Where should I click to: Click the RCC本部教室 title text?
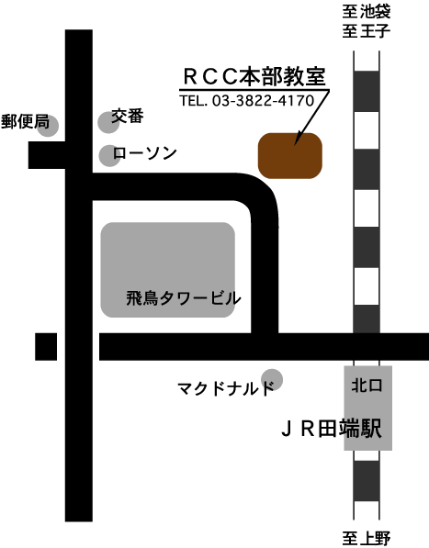pyautogui.click(x=254, y=76)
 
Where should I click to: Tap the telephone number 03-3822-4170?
pyautogui.click(x=263, y=101)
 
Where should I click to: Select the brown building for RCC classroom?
pyautogui.click(x=290, y=155)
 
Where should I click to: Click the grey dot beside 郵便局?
pyautogui.click(x=48, y=126)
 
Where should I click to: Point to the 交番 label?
pyautogui.click(x=128, y=116)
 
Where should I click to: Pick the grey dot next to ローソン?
pyautogui.click(x=109, y=156)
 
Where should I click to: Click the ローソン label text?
pyautogui.click(x=144, y=153)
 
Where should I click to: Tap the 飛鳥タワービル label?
pyautogui.click(x=184, y=298)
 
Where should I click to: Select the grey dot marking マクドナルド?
pyautogui.click(x=272, y=379)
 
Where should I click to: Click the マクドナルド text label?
pyautogui.click(x=225, y=388)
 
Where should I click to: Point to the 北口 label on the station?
pyautogui.click(x=367, y=386)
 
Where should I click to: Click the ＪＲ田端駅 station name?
pyautogui.click(x=331, y=428)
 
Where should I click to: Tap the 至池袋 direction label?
pyautogui.click(x=366, y=12)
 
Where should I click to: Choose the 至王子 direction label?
pyautogui.click(x=366, y=31)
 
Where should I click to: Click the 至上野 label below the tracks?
pyautogui.click(x=366, y=539)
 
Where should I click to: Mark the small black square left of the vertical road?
pyautogui.click(x=46, y=347)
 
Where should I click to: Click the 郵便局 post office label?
pyautogui.click(x=25, y=121)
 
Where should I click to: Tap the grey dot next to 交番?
pyautogui.click(x=108, y=123)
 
